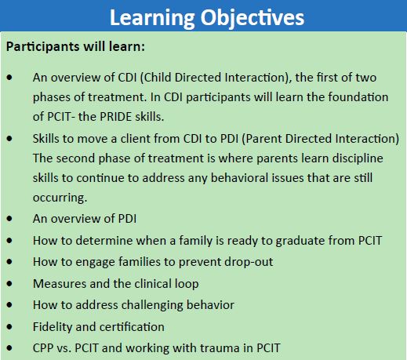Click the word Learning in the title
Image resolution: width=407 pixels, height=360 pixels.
coord(152,18)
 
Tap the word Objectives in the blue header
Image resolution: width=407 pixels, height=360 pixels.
coord(253,18)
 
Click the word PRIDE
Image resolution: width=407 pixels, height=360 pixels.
coord(115,117)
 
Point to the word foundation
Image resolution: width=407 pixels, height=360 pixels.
coord(358,97)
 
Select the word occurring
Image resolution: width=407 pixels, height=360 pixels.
coord(60,198)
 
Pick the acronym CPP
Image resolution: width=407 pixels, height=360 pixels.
coord(43,348)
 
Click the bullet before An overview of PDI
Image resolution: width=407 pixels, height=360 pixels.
coord(9,219)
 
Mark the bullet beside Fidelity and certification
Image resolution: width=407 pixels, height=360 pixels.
coord(9,326)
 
